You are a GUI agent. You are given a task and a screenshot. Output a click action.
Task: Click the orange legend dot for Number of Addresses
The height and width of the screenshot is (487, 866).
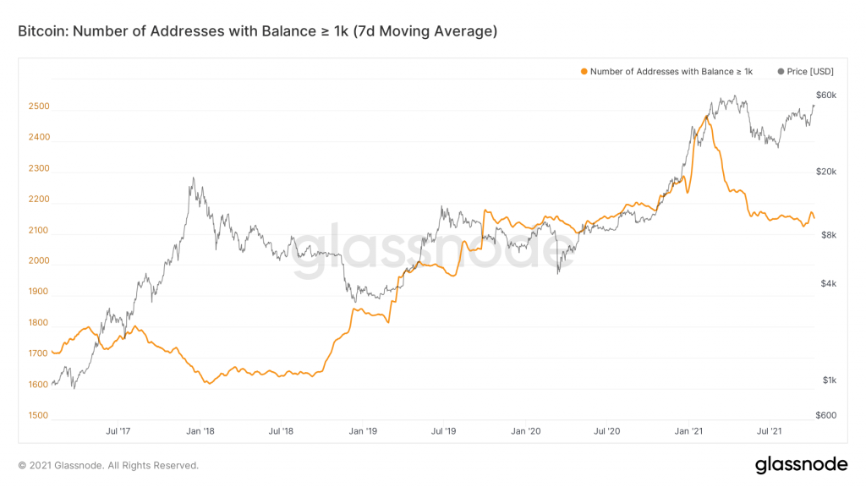pyautogui.click(x=583, y=72)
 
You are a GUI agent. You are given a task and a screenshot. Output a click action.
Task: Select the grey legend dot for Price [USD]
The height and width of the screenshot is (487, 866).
pyautogui.click(x=780, y=72)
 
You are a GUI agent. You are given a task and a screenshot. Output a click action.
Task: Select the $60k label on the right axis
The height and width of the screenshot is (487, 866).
pyautogui.click(x=826, y=95)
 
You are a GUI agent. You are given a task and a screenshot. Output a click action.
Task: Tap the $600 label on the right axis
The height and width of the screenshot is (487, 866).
pyautogui.click(x=826, y=415)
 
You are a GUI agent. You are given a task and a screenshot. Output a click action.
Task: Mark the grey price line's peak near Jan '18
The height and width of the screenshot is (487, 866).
pyautogui.click(x=193, y=178)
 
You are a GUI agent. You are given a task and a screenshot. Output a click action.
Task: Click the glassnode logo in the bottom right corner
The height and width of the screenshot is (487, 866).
pyautogui.click(x=801, y=464)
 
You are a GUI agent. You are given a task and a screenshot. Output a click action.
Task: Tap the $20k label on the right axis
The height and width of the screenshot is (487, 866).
pyautogui.click(x=826, y=172)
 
